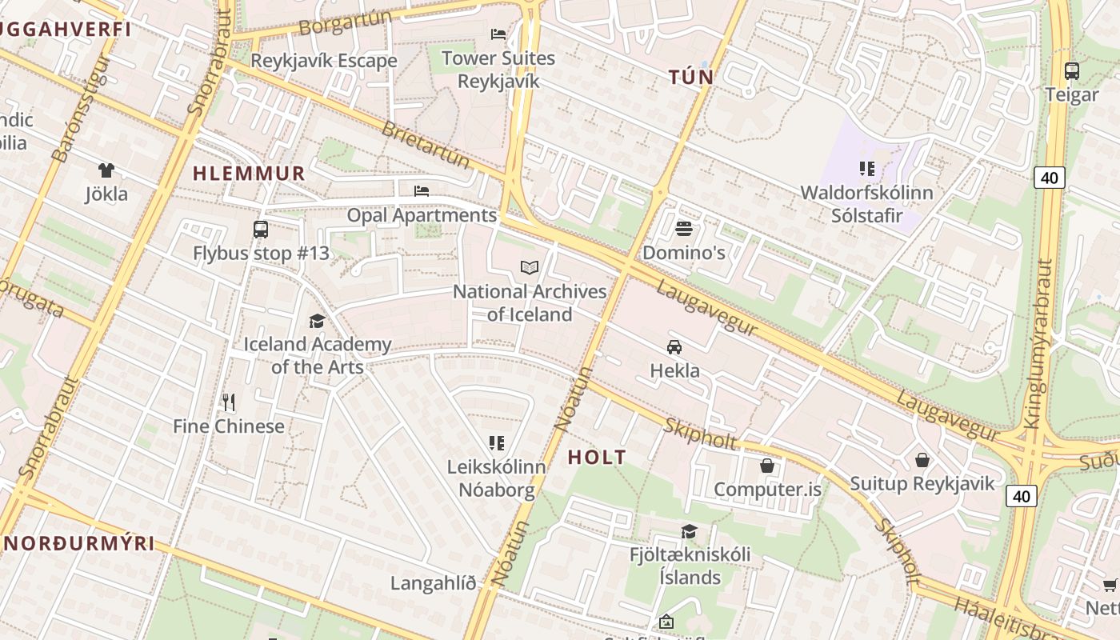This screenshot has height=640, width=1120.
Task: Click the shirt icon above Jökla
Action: tap(106, 170)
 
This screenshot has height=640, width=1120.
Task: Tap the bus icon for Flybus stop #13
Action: tap(261, 230)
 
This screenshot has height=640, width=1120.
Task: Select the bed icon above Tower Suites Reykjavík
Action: tap(498, 34)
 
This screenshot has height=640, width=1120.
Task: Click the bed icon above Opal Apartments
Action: tap(422, 191)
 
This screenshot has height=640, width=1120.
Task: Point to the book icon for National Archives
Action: tap(530, 268)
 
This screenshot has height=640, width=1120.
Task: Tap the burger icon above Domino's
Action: tap(683, 229)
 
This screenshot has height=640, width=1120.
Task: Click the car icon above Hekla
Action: tap(674, 347)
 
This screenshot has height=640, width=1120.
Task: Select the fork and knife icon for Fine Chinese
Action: tap(229, 402)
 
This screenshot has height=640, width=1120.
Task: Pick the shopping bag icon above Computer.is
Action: tap(767, 466)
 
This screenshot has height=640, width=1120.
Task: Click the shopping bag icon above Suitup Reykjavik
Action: tap(922, 460)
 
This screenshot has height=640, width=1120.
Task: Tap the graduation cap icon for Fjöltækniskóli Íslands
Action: tap(689, 532)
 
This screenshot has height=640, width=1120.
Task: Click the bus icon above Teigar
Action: tap(1072, 70)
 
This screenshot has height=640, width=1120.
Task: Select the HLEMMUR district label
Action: tap(249, 174)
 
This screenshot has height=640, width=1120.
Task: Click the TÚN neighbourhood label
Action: tap(691, 78)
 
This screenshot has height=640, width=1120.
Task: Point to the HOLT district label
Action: tap(597, 458)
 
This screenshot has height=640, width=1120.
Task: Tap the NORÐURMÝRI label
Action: tap(78, 543)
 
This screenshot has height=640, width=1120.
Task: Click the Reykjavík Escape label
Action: tap(323, 61)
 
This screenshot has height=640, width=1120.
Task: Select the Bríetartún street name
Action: tap(426, 145)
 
